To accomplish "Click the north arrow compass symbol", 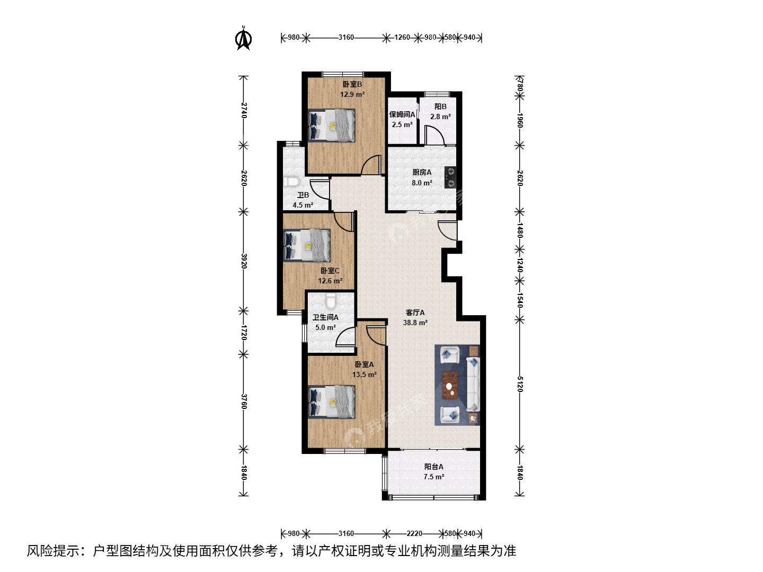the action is pyautogui.click(x=243, y=38).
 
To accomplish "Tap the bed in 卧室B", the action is pyautogui.click(x=332, y=126).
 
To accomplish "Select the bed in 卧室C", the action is pyautogui.click(x=307, y=245).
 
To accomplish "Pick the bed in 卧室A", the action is pyautogui.click(x=332, y=402).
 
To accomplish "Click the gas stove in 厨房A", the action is pyautogui.click(x=450, y=177).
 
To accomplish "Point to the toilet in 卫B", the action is pyautogui.click(x=291, y=182).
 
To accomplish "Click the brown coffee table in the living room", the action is pyautogui.click(x=450, y=385).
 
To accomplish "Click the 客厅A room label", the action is pyautogui.click(x=415, y=312).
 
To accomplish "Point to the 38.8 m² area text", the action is pyautogui.click(x=415, y=323).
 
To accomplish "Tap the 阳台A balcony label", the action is pyautogui.click(x=433, y=467).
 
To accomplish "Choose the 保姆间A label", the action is pyautogui.click(x=402, y=114).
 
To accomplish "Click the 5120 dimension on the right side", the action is pyautogui.click(x=520, y=384).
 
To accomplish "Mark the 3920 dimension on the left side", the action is pyautogui.click(x=244, y=261).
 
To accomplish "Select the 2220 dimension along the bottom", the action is pyautogui.click(x=414, y=533).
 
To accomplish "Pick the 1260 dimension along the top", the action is pyautogui.click(x=402, y=38).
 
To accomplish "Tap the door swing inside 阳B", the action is pyautogui.click(x=434, y=135).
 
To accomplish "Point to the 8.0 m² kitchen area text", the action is pyautogui.click(x=422, y=183).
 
